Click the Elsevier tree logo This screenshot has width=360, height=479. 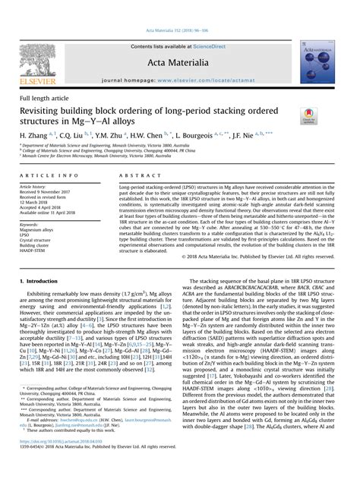(x=37, y=61)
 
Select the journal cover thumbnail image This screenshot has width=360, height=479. (x=321, y=61)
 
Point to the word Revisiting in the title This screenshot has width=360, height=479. (x=50, y=111)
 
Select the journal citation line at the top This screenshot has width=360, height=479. (x=180, y=33)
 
